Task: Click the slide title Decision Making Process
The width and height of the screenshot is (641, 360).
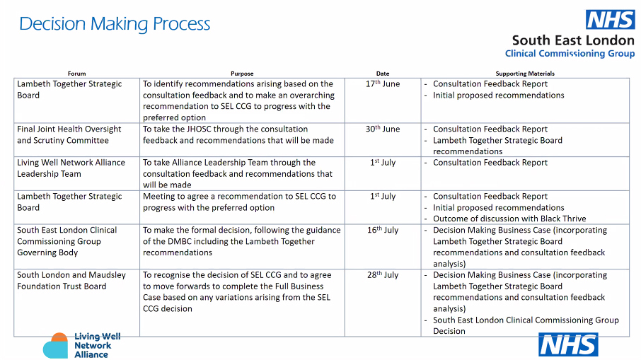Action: click(115, 24)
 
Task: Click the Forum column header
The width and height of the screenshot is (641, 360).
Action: click(76, 74)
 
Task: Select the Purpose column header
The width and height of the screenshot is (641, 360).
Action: click(242, 74)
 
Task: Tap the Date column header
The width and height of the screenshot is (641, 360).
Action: click(383, 74)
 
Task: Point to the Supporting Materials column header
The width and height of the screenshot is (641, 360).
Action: click(525, 74)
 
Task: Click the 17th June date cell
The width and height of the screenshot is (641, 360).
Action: click(383, 84)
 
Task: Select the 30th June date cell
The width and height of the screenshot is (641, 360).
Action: click(383, 129)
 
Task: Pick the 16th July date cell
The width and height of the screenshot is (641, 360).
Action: click(383, 231)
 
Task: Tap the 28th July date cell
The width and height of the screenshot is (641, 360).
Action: click(383, 276)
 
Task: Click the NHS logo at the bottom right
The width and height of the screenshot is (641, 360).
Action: click(568, 344)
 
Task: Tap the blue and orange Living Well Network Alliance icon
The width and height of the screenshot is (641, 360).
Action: click(55, 346)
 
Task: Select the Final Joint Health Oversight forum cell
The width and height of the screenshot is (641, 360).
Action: click(69, 135)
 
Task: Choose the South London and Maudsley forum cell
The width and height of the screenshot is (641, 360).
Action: click(62, 281)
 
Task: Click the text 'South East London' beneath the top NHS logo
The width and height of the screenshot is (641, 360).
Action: click(573, 41)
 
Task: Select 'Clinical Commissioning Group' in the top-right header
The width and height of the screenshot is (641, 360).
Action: click(570, 54)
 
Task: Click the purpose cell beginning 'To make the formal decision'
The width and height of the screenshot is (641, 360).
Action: click(241, 241)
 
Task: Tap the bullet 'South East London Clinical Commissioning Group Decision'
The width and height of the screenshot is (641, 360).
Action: click(526, 325)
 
